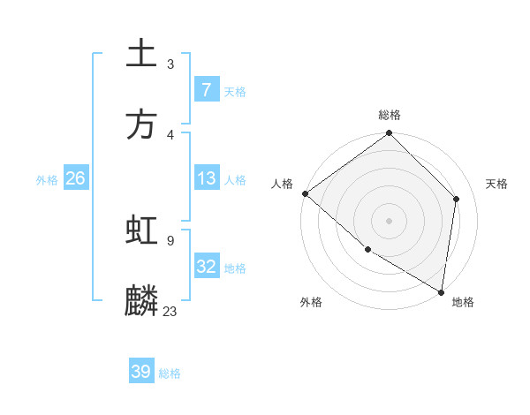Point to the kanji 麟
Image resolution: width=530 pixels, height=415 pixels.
coord(141,301)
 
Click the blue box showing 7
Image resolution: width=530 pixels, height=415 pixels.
coord(206,90)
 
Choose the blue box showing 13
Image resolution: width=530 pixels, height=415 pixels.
coord(206,178)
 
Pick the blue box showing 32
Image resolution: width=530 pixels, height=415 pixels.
coord(206,267)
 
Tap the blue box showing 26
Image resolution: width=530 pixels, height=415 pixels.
coord(75,178)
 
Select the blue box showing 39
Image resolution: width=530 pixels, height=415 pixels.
coord(141,372)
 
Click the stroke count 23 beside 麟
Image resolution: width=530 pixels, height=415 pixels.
coord(170,311)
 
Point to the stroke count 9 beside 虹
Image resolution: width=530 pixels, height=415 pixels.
coord(170,239)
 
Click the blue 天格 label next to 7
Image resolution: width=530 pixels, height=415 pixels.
coord(235,91)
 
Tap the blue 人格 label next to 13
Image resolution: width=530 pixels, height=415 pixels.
coord(235,179)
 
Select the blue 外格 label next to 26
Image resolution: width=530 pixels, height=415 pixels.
coord(47,179)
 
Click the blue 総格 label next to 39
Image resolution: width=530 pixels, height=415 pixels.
coord(170,373)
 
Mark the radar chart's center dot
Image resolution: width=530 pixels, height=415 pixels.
coord(389,220)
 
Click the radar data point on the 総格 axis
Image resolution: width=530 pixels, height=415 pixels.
coord(389,134)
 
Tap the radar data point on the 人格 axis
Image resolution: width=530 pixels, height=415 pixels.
coord(305,193)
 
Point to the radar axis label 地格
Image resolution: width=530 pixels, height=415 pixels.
coord(463,302)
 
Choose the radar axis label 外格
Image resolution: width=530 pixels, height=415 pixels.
coord(311,302)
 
